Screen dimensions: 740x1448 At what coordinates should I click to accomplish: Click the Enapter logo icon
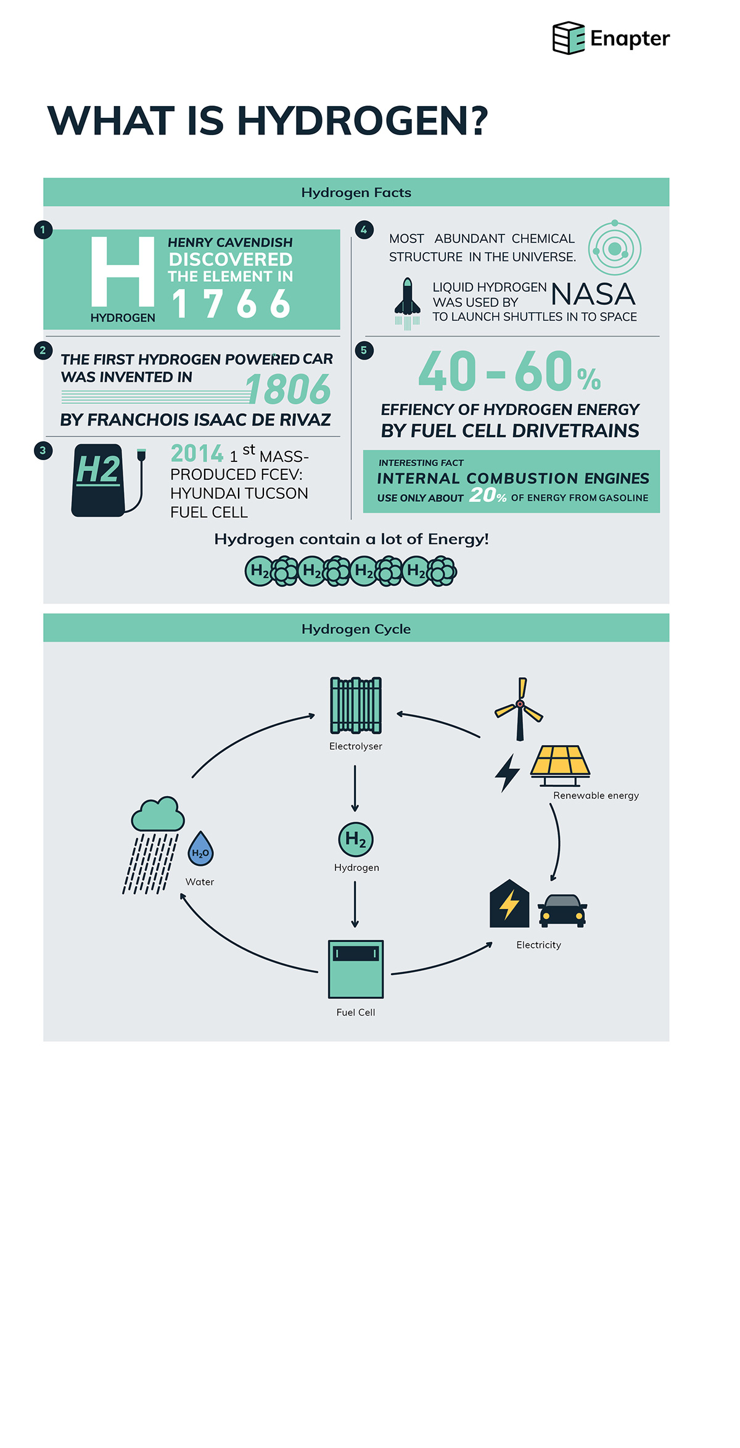click(x=568, y=38)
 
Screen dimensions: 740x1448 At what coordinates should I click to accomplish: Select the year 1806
click(x=289, y=389)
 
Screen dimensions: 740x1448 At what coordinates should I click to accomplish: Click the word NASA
click(x=593, y=294)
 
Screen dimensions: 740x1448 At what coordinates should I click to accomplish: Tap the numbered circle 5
click(x=364, y=350)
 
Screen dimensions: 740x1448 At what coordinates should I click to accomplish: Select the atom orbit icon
click(x=614, y=248)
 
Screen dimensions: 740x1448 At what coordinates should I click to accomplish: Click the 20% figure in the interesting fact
click(x=488, y=495)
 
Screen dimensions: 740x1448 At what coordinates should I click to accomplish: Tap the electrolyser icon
click(x=356, y=705)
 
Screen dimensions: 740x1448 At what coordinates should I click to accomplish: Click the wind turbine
click(x=519, y=709)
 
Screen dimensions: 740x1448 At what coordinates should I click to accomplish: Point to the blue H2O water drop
click(x=200, y=849)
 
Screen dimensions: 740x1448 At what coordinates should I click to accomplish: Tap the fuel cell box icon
click(x=356, y=969)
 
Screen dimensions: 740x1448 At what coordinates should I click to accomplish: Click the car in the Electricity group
click(x=562, y=911)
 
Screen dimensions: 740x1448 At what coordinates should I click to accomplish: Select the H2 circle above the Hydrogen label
click(x=356, y=839)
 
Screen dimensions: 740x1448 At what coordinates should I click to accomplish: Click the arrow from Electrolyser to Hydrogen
click(x=355, y=789)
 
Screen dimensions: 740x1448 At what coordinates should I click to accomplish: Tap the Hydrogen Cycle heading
click(x=356, y=629)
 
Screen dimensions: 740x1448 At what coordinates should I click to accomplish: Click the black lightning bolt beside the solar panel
click(x=508, y=773)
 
